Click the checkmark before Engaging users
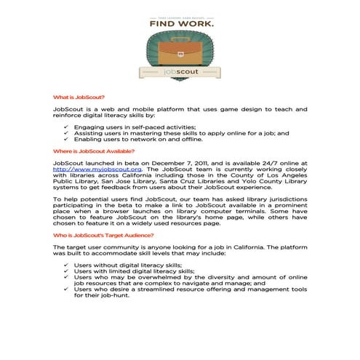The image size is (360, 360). pyautogui.click(x=66, y=127)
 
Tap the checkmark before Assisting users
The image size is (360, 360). pyautogui.click(x=66, y=134)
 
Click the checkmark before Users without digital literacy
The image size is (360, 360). pyautogui.click(x=66, y=266)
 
